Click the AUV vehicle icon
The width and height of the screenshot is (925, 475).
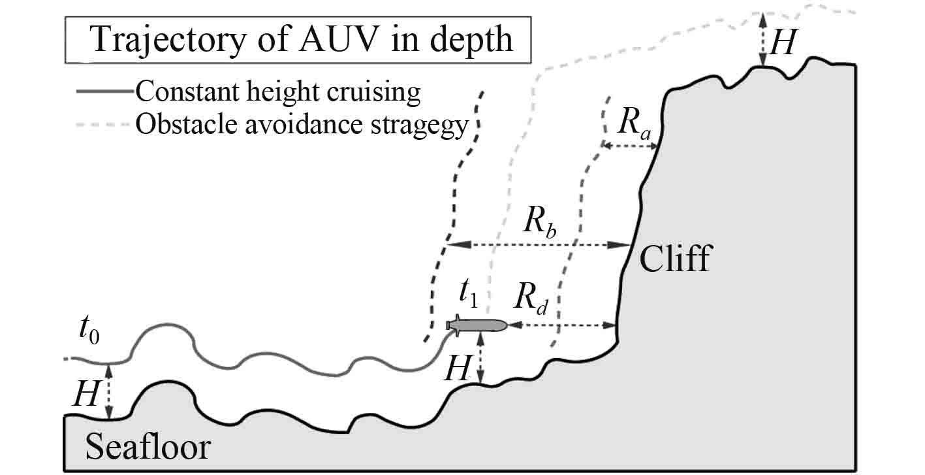(477, 325)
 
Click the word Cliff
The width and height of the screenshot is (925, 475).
(674, 259)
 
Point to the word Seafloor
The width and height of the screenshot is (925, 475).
(148, 448)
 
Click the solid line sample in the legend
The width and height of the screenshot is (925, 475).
(106, 92)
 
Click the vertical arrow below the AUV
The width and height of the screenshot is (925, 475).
(480, 357)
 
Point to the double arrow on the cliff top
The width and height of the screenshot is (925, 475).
(761, 39)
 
